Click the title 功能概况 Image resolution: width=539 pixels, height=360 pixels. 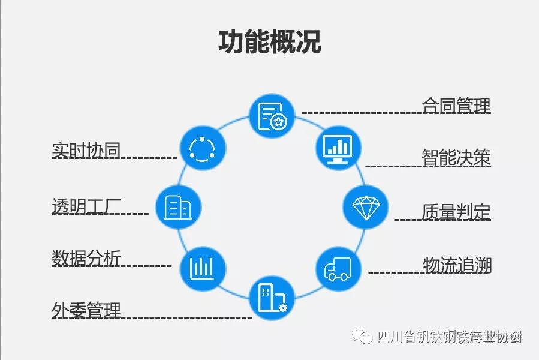[269, 42]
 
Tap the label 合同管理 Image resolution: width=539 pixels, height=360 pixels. [456, 106]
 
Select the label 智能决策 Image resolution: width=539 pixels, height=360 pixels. [456, 158]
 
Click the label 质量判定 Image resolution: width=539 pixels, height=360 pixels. [456, 212]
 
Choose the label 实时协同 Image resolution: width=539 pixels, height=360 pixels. [86, 151]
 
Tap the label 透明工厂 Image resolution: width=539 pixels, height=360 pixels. [86, 206]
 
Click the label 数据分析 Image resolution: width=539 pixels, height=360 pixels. [86, 259]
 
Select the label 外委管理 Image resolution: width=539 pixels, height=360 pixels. [86, 311]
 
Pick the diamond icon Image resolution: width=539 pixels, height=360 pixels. [365, 207]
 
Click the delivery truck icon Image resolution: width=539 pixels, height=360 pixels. [338, 268]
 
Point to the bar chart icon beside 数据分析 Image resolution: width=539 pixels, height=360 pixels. [203, 268]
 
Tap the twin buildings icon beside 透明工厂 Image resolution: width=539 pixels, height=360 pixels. [178, 207]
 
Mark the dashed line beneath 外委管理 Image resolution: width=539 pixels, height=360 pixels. [186, 317]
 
